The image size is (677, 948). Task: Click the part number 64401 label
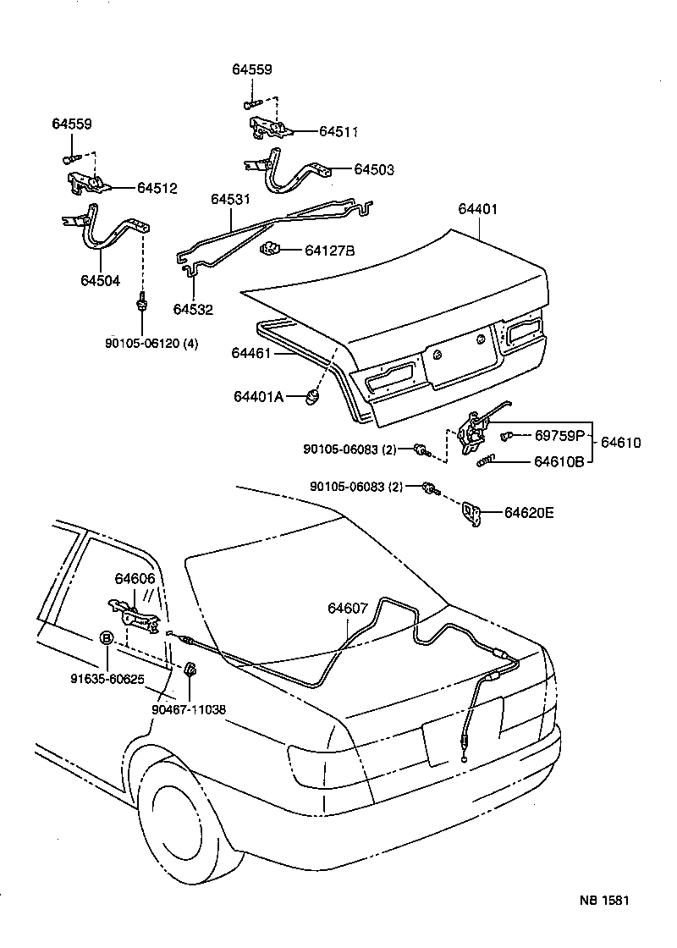click(479, 209)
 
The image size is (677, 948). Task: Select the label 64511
click(338, 131)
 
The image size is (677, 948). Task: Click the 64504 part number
click(100, 281)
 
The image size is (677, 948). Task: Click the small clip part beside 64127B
click(270, 249)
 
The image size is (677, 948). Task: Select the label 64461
click(250, 353)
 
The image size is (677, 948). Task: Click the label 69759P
click(559, 436)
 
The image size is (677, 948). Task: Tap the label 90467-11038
click(189, 710)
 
